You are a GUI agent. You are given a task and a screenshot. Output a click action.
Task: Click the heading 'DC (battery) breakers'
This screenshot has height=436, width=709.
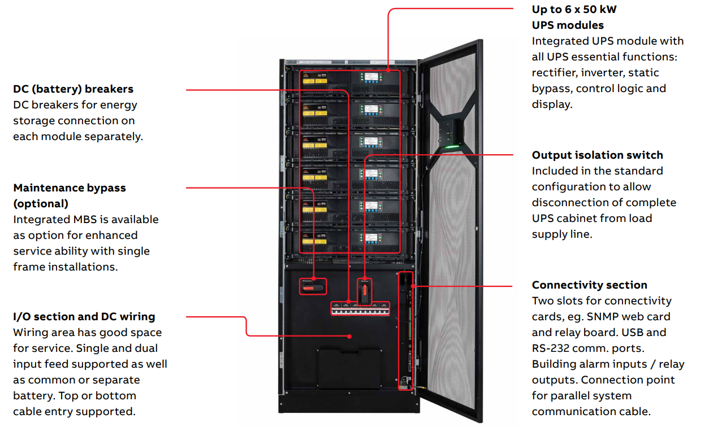tap(74, 89)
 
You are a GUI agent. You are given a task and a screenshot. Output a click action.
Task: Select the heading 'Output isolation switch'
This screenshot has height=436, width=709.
tap(597, 155)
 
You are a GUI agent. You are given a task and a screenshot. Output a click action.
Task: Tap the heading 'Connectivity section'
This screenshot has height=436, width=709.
tap(589, 285)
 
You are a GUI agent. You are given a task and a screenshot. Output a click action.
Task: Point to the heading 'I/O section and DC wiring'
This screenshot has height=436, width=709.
tap(84, 317)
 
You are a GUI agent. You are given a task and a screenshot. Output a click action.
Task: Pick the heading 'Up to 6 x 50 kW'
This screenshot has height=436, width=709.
tap(574, 10)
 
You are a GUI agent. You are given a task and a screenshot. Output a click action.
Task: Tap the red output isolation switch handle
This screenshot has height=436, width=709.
tap(365, 291)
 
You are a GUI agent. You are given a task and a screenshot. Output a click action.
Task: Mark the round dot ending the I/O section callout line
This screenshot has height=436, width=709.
tap(351, 336)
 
